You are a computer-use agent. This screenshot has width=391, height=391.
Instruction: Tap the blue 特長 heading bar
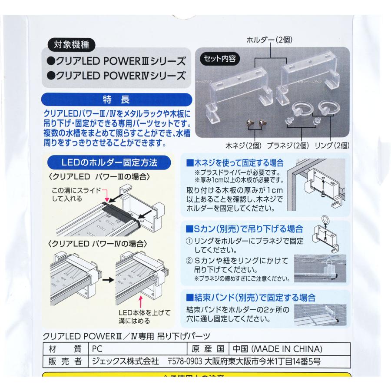point(116,99)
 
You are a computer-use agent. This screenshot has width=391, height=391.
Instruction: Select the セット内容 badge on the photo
point(220,58)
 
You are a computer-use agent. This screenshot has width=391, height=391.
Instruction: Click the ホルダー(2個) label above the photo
point(269,40)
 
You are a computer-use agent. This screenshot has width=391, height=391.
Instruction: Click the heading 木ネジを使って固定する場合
point(235,163)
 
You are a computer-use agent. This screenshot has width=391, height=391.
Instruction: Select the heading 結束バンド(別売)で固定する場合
point(250,298)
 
